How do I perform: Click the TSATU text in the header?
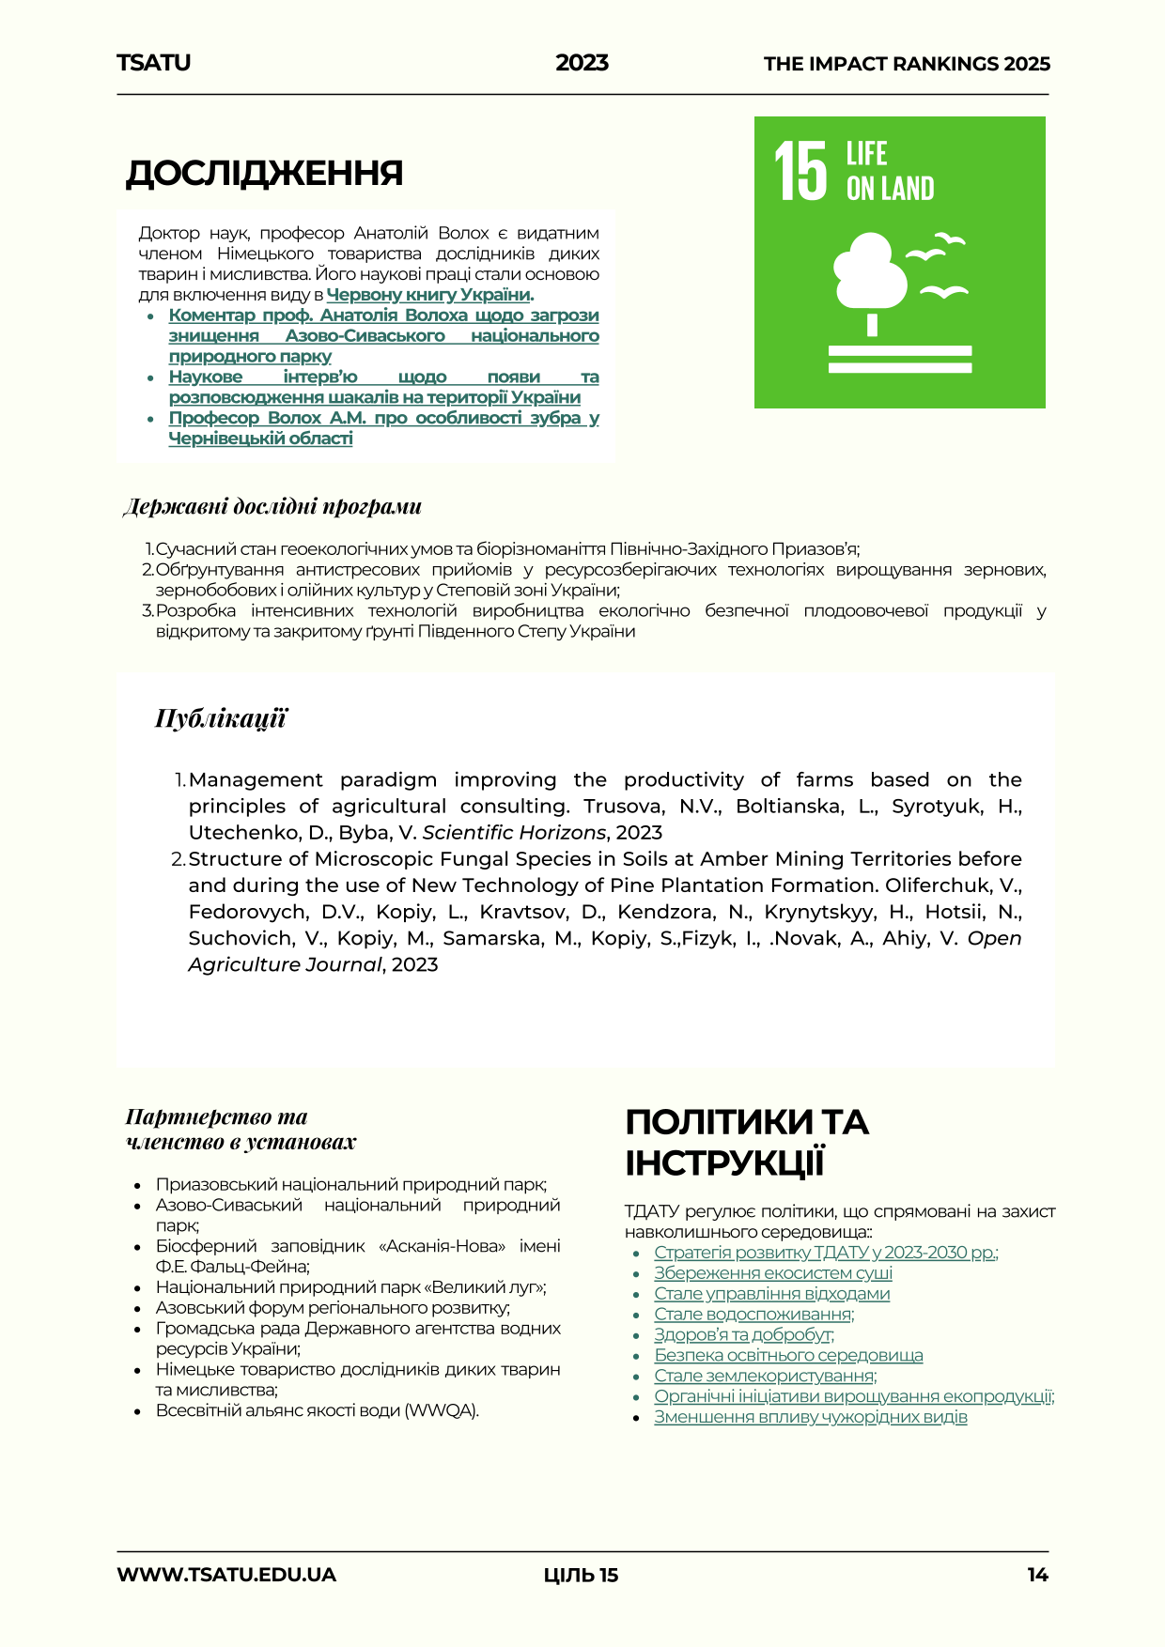[153, 63]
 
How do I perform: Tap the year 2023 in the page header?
[582, 63]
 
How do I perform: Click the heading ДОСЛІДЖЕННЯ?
[264, 174]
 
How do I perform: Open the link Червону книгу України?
[428, 295]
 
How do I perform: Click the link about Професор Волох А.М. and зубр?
[383, 427]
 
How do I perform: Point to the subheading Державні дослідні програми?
[272, 507]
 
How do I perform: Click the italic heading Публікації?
[221, 719]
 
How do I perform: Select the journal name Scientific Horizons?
[514, 833]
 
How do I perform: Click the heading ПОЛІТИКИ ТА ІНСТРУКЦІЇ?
[747, 1142]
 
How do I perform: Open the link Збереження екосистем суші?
[773, 1273]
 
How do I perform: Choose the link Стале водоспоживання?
[753, 1315]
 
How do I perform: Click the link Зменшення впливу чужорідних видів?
[811, 1417]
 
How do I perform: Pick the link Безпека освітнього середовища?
[788, 1356]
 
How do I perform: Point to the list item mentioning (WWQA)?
[317, 1410]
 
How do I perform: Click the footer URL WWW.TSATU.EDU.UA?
[226, 1575]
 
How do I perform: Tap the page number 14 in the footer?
[1037, 1575]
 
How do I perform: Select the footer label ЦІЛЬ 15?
[581, 1575]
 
